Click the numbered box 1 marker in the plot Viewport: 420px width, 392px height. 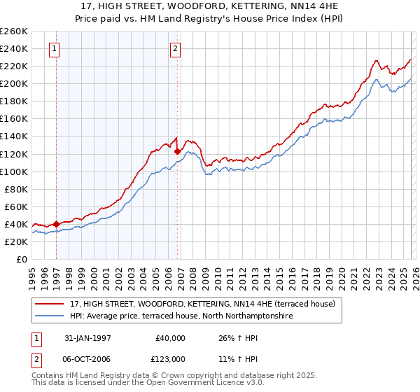pyautogui.click(x=55, y=49)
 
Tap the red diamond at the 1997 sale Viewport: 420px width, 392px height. pyautogui.click(x=57, y=224)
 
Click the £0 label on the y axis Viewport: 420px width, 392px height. pyautogui.click(x=22, y=259)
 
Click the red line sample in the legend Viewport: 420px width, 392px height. pyautogui.click(x=50, y=304)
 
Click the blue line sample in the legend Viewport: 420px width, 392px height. pyautogui.click(x=50, y=316)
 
